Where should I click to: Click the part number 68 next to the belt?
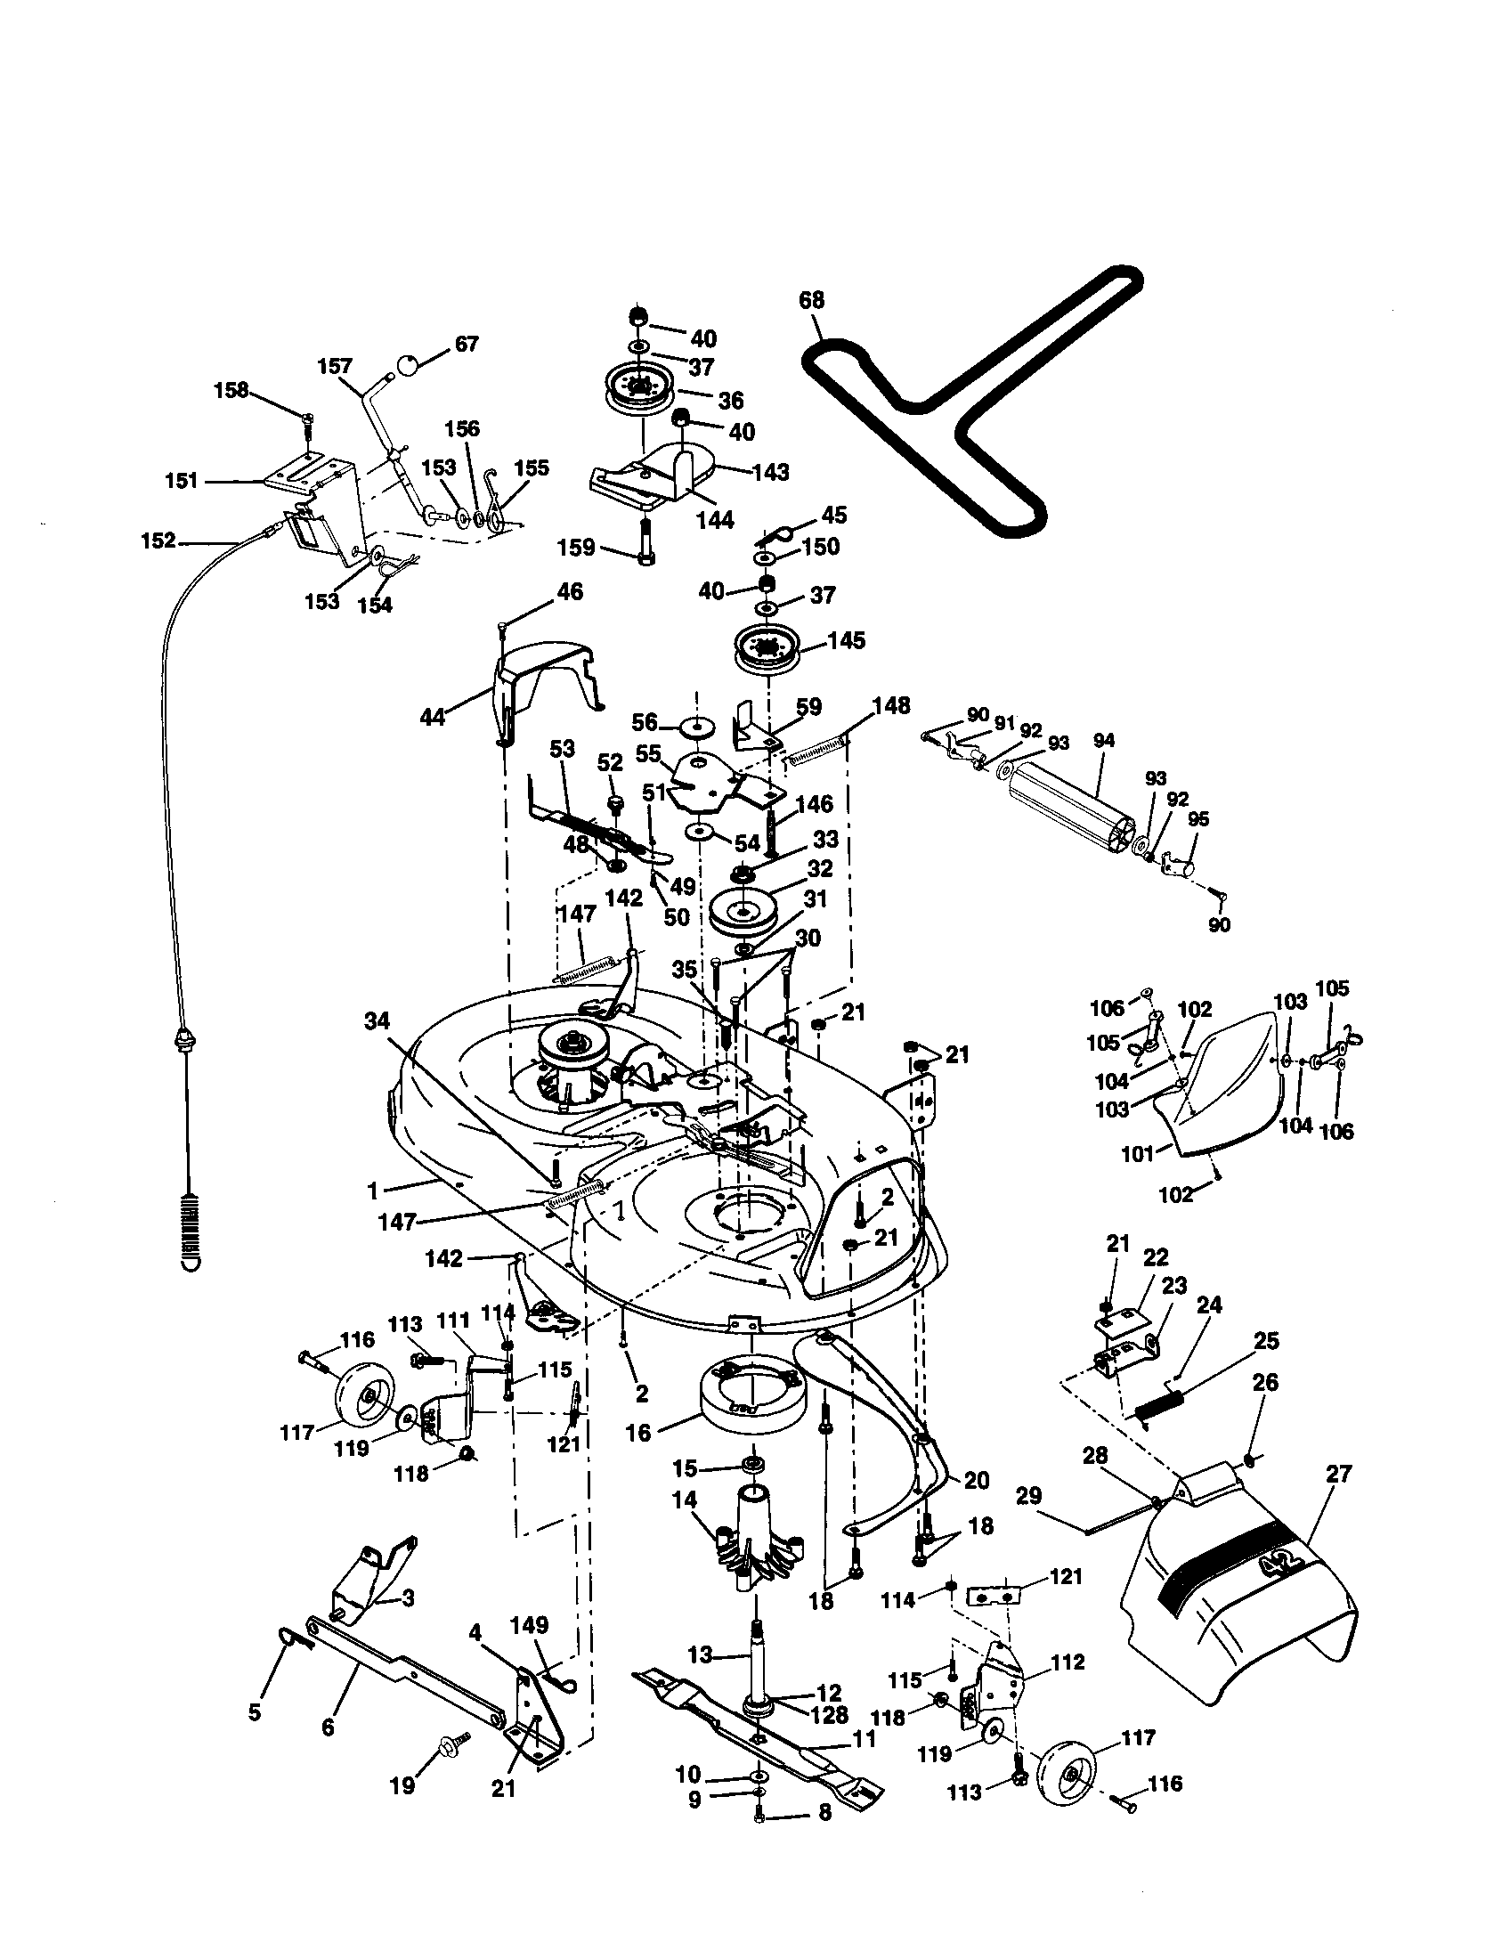(811, 298)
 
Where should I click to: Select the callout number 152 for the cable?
(158, 541)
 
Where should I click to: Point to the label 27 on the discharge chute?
(1337, 1473)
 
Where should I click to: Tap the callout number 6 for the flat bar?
(329, 1726)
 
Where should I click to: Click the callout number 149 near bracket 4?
(529, 1624)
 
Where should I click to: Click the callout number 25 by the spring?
(1266, 1341)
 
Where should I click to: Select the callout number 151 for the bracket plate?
(182, 481)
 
